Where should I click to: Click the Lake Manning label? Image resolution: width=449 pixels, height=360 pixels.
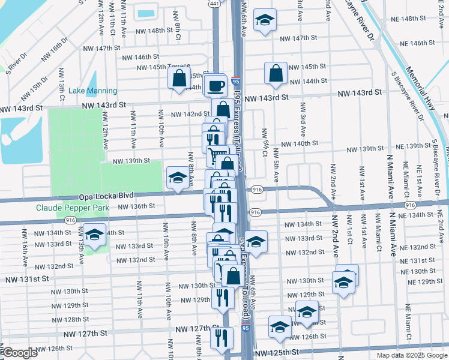[x=92, y=91]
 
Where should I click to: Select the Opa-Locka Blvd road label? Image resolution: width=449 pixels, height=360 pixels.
[x=105, y=196]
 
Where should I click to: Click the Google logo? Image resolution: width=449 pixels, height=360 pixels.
[x=19, y=353]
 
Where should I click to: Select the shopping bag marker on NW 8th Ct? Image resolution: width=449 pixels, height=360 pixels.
[x=179, y=78]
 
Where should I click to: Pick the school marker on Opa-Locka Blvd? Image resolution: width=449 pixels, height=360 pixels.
[x=177, y=178]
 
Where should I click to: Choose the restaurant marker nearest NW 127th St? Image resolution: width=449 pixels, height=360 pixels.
[x=221, y=338]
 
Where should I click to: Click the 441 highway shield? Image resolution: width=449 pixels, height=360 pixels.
[x=214, y=4]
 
